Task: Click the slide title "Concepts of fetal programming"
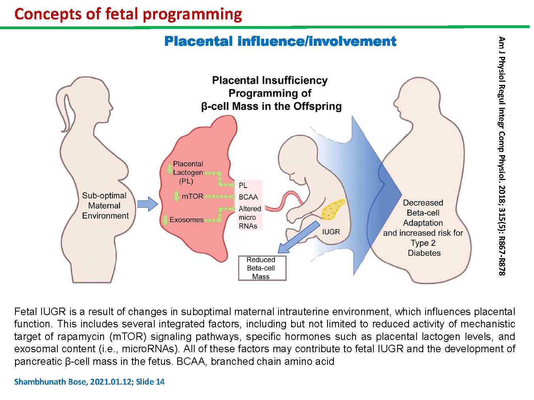tap(128, 14)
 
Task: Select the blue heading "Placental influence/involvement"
tap(280, 41)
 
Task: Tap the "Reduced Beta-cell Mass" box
tap(262, 268)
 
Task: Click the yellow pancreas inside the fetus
tap(332, 210)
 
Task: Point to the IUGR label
tap(331, 232)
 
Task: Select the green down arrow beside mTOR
tap(176, 196)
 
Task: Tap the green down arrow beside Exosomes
tap(165, 220)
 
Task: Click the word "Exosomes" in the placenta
tap(186, 220)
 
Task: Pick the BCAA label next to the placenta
tap(248, 197)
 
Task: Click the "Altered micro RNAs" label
tap(250, 217)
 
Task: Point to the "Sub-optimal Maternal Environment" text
tap(105, 205)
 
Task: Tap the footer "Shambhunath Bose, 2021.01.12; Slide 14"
tap(89, 382)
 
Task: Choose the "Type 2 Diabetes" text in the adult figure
tap(424, 248)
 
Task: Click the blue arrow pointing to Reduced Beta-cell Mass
tap(299, 237)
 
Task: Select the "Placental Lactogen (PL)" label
tap(188, 173)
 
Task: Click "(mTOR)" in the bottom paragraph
tap(128, 336)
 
